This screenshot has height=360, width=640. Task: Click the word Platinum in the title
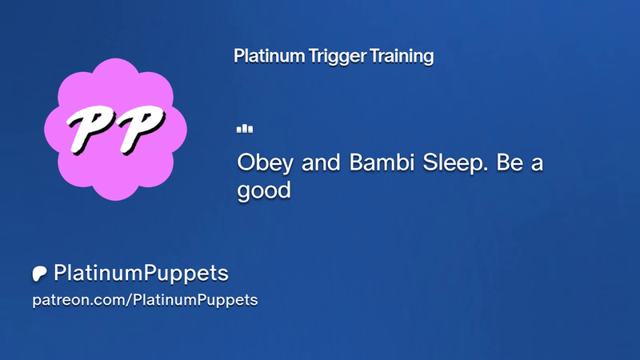[x=269, y=56]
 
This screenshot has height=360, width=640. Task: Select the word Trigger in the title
[x=337, y=57]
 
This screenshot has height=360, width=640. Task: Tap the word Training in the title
[x=402, y=57]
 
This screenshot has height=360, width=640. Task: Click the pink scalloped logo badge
[x=115, y=130]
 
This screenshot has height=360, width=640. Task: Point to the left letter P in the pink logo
[x=91, y=129]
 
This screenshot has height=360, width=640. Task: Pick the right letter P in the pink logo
[x=141, y=129]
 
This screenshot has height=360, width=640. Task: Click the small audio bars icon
[x=245, y=129]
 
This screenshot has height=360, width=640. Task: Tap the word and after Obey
[x=321, y=162]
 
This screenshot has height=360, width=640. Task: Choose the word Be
[x=510, y=162]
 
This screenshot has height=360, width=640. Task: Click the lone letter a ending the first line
[x=538, y=165]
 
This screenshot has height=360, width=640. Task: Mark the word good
[x=264, y=191]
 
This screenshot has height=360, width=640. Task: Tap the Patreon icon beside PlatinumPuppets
[x=39, y=274]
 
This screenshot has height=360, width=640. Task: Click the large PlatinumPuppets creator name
[x=142, y=274]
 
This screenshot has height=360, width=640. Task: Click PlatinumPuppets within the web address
[x=195, y=301]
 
